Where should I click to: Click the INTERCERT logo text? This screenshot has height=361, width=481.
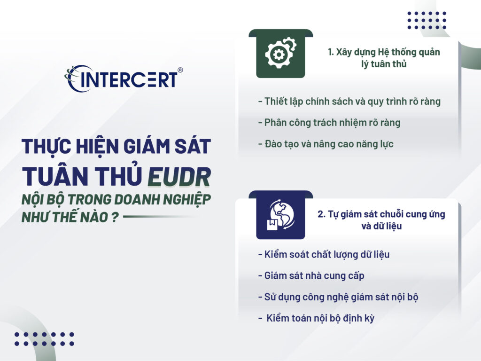129,79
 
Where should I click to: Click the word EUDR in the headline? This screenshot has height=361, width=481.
179,176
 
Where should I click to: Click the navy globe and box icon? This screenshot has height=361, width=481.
280,215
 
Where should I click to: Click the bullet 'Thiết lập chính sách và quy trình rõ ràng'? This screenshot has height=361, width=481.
349,101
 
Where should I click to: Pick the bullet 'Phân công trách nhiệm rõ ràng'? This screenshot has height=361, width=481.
329,123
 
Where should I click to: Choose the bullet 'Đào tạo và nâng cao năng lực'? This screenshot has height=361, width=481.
326,144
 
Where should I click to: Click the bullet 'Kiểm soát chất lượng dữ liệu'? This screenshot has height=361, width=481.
324,255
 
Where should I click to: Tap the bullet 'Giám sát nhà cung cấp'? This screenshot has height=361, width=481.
311,276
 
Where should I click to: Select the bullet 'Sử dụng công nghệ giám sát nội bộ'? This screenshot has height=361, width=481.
338,297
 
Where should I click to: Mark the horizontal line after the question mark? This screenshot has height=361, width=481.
160,217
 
